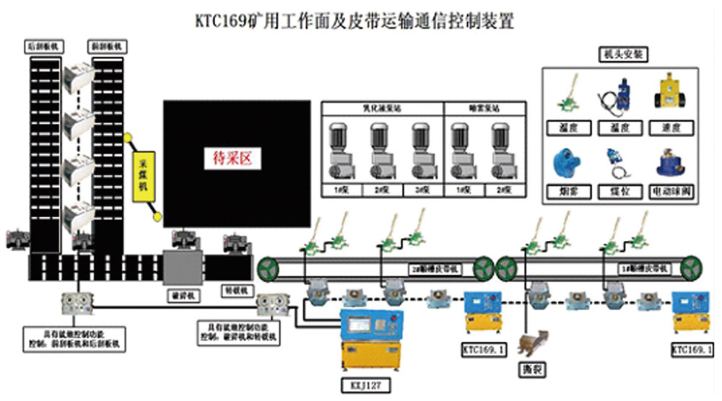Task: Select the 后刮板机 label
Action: pyautogui.click(x=45, y=45)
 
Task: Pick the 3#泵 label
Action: pyautogui.click(x=420, y=191)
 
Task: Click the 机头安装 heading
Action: pyautogui.click(x=621, y=55)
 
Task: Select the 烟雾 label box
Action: pyautogui.click(x=567, y=192)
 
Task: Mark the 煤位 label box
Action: pyautogui.click(x=621, y=192)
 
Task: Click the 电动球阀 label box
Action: pyautogui.click(x=675, y=192)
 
